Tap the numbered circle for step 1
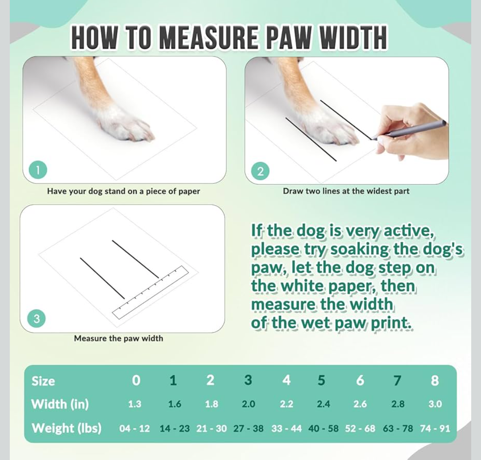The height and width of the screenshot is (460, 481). pyautogui.click(x=38, y=170)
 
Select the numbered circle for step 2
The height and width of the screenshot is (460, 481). pyautogui.click(x=261, y=171)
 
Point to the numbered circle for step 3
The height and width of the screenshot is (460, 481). pyautogui.click(x=37, y=319)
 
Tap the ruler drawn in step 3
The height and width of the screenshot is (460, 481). pyautogui.click(x=151, y=292)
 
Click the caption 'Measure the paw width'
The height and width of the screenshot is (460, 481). pyautogui.click(x=118, y=338)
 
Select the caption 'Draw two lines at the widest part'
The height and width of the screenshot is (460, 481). pyautogui.click(x=346, y=191)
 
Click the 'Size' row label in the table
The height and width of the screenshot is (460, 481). pyautogui.click(x=43, y=381)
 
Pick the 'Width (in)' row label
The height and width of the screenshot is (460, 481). pyautogui.click(x=60, y=404)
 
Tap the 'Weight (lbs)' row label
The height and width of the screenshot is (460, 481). pyautogui.click(x=66, y=428)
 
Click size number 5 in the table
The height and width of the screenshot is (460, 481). pyautogui.click(x=321, y=380)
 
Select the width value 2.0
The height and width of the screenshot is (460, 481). pyautogui.click(x=248, y=404)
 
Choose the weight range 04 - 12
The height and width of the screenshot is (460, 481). pyautogui.click(x=135, y=428)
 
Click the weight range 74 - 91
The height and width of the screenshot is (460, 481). pyautogui.click(x=435, y=428)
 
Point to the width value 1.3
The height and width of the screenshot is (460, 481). pyautogui.click(x=135, y=404)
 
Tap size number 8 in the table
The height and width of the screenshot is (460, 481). pyautogui.click(x=435, y=380)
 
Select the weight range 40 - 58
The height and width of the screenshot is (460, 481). pyautogui.click(x=323, y=428)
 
